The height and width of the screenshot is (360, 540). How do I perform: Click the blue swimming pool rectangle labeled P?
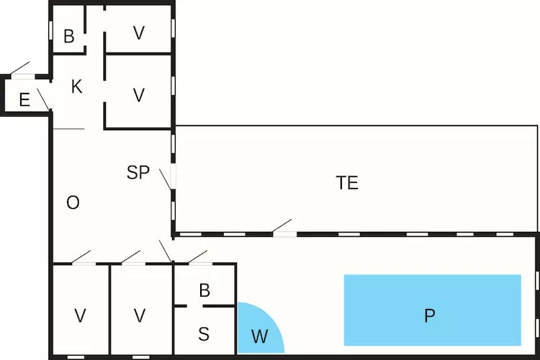[432, 310]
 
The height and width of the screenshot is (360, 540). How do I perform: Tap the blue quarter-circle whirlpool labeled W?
[257, 331]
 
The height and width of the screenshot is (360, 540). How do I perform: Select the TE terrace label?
[347, 183]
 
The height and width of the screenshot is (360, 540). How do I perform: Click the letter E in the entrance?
[24, 100]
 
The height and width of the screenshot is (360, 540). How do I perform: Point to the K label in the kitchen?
[76, 87]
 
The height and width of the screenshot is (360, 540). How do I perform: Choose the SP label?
[138, 173]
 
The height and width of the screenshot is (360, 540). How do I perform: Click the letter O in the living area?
[73, 203]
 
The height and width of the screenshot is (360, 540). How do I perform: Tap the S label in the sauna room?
[204, 334]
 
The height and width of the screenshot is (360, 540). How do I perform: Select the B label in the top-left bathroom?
[69, 37]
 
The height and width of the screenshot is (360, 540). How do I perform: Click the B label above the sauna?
[204, 291]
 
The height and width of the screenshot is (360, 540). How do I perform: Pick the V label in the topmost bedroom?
[139, 32]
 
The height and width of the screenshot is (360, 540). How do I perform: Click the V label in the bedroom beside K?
[139, 94]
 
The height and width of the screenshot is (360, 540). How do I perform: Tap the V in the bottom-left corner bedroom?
[81, 315]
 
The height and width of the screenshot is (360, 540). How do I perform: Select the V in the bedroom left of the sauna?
[140, 315]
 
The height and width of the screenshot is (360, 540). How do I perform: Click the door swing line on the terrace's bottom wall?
[282, 226]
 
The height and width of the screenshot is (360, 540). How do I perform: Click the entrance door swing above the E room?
[20, 68]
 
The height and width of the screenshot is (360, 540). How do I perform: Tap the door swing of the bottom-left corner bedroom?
[81, 256]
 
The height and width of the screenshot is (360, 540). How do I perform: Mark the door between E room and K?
[43, 99]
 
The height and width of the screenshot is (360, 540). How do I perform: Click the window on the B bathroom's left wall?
[50, 29]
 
